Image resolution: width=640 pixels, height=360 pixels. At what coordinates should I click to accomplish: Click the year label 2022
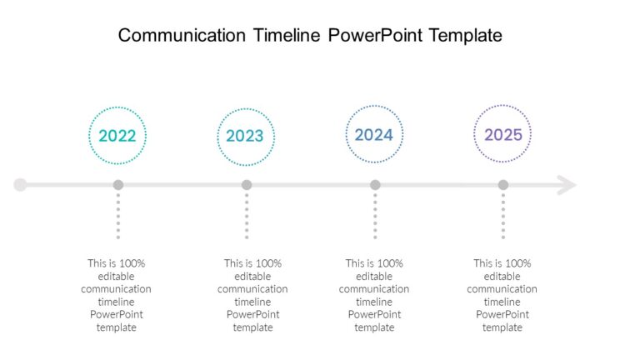tap(117, 136)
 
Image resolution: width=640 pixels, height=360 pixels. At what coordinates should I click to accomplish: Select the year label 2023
tap(246, 136)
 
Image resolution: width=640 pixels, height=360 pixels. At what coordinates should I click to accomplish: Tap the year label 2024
tap(373, 134)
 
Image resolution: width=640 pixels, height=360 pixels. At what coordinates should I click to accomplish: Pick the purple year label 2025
tap(502, 134)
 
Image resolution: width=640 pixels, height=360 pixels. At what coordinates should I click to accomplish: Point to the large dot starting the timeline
tap(21, 185)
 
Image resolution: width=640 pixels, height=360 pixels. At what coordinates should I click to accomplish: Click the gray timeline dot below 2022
tap(118, 185)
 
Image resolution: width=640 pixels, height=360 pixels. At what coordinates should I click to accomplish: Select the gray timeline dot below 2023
tap(247, 185)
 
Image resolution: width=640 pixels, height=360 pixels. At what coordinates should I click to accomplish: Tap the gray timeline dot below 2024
tap(375, 185)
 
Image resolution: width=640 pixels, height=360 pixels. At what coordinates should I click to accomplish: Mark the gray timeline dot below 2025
tap(502, 185)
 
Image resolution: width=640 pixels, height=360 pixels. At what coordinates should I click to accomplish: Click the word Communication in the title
tap(182, 35)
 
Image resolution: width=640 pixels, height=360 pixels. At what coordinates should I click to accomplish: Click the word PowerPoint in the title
tap(375, 35)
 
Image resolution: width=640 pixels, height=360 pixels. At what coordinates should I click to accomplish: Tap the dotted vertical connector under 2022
tap(118, 217)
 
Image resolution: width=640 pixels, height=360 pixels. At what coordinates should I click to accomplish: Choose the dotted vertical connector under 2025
tap(502, 217)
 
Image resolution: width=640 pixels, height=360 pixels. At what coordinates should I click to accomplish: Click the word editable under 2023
tap(252, 276)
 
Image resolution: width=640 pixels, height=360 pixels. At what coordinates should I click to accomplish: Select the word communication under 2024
tap(374, 289)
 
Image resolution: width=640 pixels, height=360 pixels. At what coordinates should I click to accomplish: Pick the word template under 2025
tap(502, 327)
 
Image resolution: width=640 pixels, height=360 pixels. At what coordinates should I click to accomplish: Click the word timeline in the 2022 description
tap(116, 302)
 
